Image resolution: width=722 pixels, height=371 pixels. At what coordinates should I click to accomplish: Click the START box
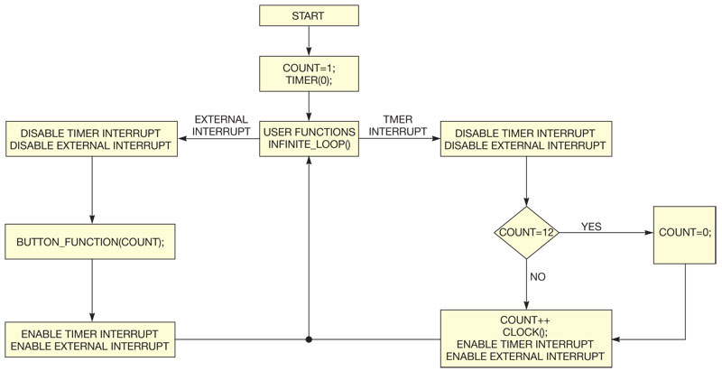pyautogui.click(x=309, y=16)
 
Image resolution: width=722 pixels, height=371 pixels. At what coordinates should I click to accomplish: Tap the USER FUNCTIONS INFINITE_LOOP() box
pyautogui.click(x=309, y=139)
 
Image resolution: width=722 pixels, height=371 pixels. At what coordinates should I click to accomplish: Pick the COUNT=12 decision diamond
pyautogui.click(x=526, y=232)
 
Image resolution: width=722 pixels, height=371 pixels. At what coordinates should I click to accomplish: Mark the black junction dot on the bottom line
pyautogui.click(x=309, y=340)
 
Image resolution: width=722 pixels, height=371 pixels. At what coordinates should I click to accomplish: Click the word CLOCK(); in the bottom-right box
pyautogui.click(x=525, y=331)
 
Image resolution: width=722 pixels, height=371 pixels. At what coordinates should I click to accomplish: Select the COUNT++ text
pyautogui.click(x=525, y=320)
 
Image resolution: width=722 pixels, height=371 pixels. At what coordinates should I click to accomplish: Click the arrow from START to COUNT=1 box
pyautogui.click(x=309, y=41)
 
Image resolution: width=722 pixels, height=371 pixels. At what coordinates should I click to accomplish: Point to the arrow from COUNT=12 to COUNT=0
pyautogui.click(x=605, y=232)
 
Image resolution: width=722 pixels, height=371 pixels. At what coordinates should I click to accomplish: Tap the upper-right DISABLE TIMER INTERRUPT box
pyautogui.click(x=525, y=139)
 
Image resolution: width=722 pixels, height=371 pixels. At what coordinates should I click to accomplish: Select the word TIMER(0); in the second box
pyautogui.click(x=309, y=79)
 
